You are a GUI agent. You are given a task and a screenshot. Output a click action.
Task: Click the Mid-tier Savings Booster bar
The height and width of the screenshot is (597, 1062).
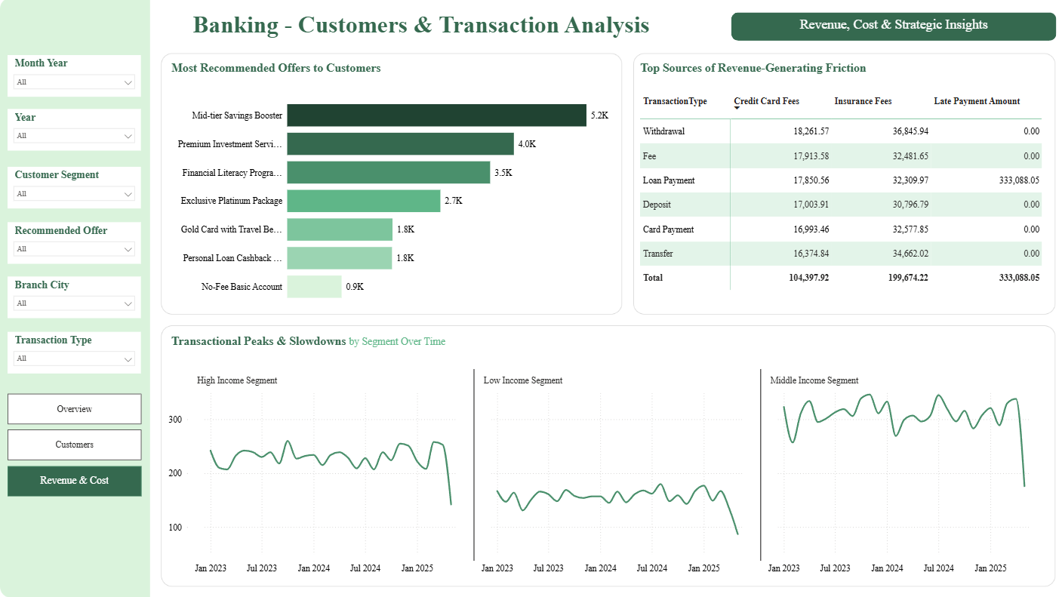click(x=437, y=115)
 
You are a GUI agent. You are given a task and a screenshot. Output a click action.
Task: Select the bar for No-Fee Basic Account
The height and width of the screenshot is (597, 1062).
click(x=314, y=286)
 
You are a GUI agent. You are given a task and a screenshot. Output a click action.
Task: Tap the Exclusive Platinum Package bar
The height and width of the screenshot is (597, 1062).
click(x=364, y=201)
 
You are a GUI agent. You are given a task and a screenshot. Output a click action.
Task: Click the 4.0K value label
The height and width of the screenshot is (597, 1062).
click(x=527, y=144)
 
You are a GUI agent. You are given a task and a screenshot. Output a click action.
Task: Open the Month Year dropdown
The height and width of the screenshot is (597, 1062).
click(x=75, y=82)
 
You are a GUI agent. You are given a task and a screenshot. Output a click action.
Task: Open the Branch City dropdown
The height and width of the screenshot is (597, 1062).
click(x=75, y=303)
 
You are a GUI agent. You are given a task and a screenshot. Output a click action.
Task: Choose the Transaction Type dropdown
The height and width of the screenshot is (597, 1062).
click(x=75, y=359)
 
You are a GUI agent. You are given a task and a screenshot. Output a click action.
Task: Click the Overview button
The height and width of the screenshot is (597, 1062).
click(x=75, y=409)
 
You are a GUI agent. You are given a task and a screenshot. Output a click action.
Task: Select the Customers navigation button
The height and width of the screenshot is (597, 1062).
click(x=75, y=445)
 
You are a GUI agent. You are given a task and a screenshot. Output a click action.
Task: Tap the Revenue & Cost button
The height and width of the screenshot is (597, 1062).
click(x=75, y=481)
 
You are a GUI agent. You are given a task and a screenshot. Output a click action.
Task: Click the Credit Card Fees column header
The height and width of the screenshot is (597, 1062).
click(x=766, y=101)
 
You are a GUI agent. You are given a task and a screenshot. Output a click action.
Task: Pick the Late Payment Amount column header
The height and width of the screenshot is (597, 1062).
click(x=977, y=101)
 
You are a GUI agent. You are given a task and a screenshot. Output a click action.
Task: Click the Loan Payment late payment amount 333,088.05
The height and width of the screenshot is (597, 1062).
click(x=1019, y=180)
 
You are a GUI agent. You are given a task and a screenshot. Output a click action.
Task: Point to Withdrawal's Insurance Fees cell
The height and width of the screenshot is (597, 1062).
click(x=910, y=131)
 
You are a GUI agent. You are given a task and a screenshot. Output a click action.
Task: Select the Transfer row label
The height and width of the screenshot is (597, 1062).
click(x=657, y=254)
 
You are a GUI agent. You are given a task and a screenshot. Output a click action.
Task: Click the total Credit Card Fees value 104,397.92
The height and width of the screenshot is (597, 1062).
click(x=809, y=278)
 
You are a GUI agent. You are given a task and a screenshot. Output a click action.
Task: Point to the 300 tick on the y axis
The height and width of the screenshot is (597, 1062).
click(x=175, y=419)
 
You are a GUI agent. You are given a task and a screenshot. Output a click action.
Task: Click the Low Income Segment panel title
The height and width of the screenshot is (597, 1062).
click(x=522, y=380)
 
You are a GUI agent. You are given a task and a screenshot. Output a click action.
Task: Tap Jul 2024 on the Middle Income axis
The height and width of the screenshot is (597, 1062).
click(x=938, y=568)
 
